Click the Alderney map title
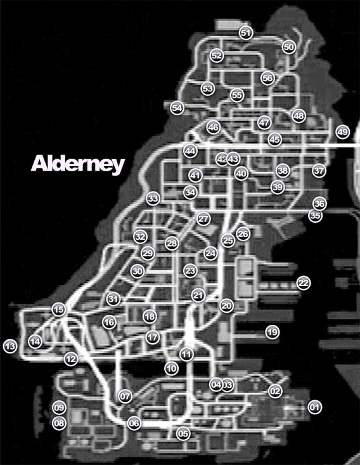(x=77, y=164)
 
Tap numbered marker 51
(x=246, y=32)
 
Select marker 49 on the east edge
(x=342, y=132)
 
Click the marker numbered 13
(x=10, y=346)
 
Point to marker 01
(x=314, y=407)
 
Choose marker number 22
(x=304, y=282)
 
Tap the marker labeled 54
(x=177, y=108)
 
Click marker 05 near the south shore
(x=183, y=434)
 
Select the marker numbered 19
(x=272, y=332)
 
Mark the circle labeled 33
(x=153, y=199)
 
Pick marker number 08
(x=59, y=422)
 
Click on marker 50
(x=288, y=47)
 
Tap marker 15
(x=59, y=310)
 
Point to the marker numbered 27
(x=203, y=219)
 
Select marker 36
(x=319, y=204)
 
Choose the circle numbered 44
(x=190, y=151)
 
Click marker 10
(x=171, y=367)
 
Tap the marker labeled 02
(x=274, y=391)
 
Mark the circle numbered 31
(x=113, y=298)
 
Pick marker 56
(x=267, y=78)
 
